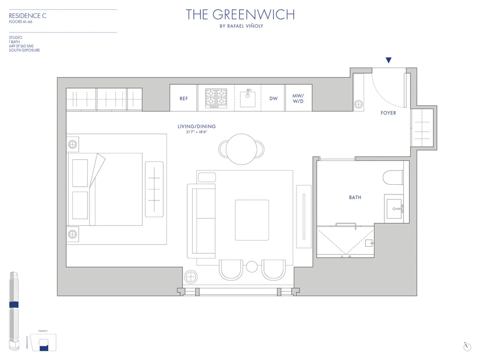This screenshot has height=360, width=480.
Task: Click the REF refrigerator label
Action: click(x=184, y=98)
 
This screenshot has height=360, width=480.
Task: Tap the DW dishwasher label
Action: click(x=273, y=98)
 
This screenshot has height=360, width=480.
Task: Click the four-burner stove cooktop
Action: click(x=216, y=98)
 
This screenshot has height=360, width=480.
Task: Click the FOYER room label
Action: click(x=388, y=113)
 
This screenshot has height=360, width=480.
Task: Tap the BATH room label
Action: click(x=355, y=197)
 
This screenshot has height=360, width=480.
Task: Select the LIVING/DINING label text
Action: click(x=196, y=127)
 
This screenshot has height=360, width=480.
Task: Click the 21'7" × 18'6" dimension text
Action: click(x=196, y=132)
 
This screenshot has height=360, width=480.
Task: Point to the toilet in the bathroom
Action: click(x=393, y=177)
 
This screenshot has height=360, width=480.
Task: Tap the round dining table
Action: click(x=241, y=149)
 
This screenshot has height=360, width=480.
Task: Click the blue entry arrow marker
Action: click(x=388, y=60)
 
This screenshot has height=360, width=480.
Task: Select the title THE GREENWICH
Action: click(x=240, y=15)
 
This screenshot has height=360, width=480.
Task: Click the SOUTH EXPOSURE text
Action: click(x=24, y=50)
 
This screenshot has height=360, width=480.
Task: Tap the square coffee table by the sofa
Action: click(x=252, y=219)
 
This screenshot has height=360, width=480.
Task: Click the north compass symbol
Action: click(x=465, y=346)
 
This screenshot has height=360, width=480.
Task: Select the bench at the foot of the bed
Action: click(x=154, y=189)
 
